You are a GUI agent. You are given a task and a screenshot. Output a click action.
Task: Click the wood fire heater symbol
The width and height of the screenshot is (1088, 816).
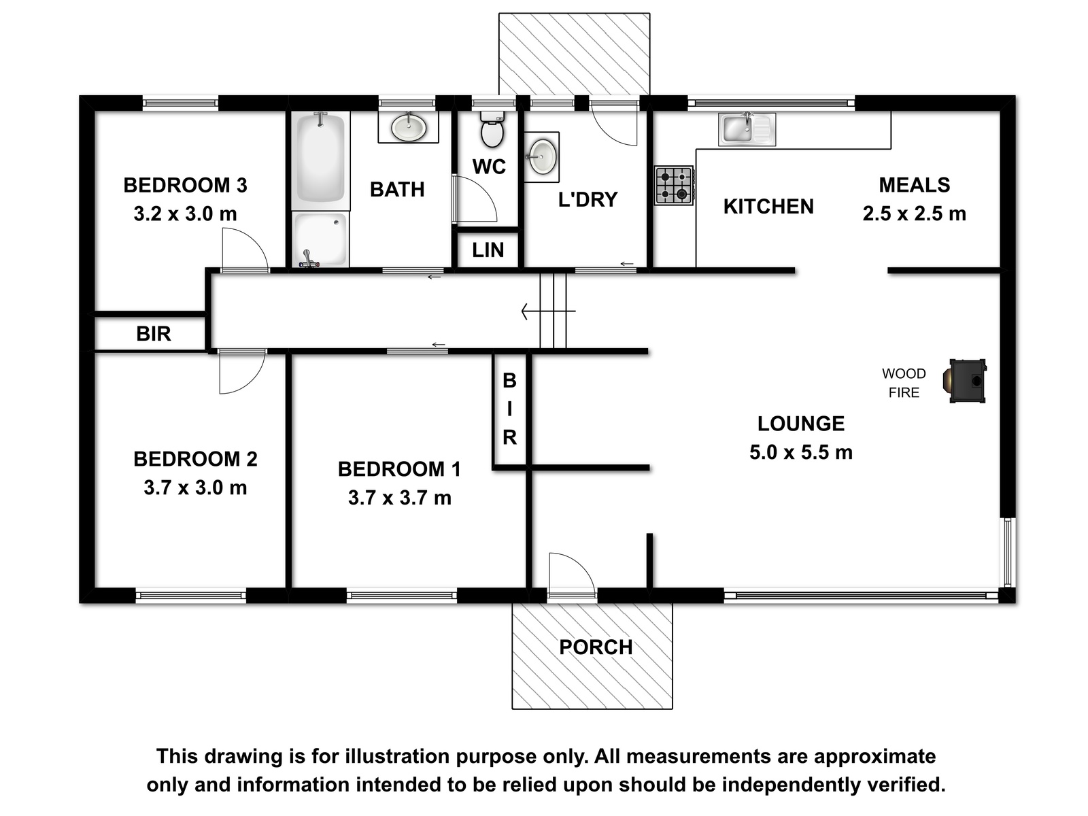(964, 381)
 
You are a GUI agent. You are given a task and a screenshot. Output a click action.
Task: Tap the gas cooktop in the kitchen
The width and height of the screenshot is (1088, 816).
(674, 185)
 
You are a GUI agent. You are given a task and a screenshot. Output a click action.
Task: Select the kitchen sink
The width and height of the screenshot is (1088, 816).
(747, 129)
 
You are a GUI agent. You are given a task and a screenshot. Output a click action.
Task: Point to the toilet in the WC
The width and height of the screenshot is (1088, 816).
(492, 129)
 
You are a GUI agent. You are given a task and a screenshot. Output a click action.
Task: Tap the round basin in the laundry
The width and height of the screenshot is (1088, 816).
(541, 156)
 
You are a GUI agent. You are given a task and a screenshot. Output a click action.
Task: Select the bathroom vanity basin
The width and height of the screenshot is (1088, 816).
(409, 127)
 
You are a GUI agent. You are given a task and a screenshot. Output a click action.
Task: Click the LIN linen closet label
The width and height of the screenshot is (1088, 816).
(488, 250)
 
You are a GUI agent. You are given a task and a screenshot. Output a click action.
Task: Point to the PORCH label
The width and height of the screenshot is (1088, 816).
(596, 647)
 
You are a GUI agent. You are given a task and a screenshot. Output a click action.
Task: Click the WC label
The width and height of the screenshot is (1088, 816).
(489, 167)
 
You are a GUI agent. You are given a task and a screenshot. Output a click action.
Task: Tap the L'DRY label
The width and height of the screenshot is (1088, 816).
(588, 199)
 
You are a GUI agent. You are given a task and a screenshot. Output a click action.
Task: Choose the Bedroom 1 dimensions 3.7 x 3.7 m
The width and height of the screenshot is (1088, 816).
(400, 498)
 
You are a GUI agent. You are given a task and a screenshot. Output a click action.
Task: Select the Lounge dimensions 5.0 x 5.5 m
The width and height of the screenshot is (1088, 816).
(801, 452)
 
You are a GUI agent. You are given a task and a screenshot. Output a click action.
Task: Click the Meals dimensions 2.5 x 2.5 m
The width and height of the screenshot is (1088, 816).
(915, 214)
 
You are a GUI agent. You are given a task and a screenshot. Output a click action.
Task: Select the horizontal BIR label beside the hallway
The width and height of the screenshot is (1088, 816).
(154, 334)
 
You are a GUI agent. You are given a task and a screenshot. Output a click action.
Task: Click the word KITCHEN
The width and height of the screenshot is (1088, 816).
(768, 207)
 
